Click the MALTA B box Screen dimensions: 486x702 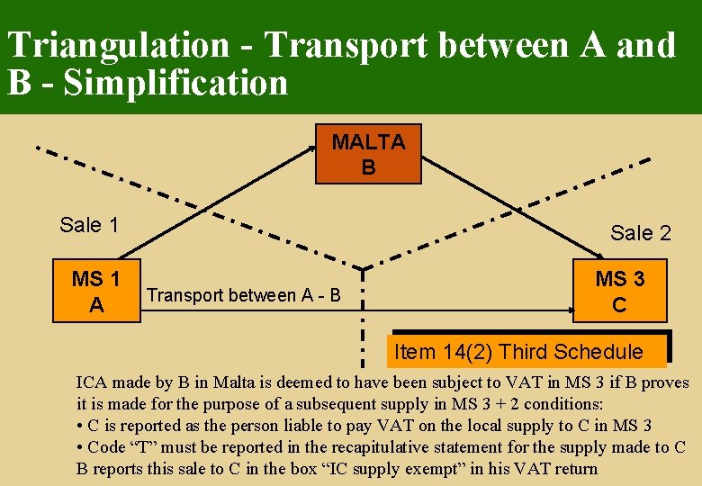368,155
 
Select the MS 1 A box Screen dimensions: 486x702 97,292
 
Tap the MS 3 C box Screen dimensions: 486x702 619,292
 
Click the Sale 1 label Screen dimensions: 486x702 89,225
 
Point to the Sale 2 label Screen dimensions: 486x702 641,233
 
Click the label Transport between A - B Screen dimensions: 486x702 243,295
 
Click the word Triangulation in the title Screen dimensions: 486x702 119,45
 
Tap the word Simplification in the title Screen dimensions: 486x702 176,84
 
